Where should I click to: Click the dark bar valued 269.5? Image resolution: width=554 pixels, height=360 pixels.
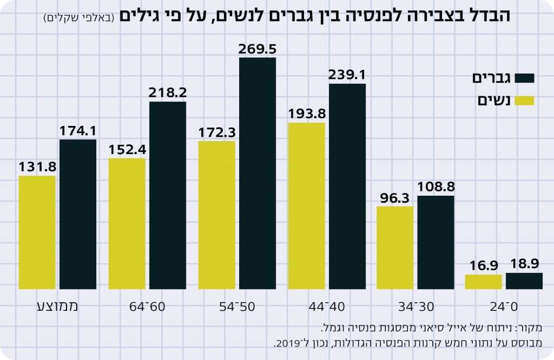coord(258,173)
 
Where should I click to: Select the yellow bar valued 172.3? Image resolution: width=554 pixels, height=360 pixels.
coord(216,215)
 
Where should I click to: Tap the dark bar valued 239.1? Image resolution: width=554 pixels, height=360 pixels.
coord(347,186)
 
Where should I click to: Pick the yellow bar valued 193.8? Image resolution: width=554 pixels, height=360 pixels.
coord(307,205)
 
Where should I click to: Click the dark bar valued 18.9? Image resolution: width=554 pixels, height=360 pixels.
coord(524,281)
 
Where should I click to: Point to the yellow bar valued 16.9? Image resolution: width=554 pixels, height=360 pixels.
coord(483,282)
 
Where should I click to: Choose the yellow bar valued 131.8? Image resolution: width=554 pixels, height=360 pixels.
coord(37,232)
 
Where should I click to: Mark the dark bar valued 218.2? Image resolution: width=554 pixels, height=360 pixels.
coord(168,195)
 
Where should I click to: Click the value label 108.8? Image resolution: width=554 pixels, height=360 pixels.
coord(436,187)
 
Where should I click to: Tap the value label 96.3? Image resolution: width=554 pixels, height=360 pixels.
coord(395,198)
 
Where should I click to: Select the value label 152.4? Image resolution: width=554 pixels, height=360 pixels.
coord(127,150)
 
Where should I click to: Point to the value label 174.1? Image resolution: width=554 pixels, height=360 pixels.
coord(78,131)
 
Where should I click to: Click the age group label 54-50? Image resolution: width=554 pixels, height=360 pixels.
coord(236,306)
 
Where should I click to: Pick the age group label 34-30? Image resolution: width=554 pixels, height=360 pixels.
coord(416,306)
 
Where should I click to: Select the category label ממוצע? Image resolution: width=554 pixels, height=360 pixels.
coord(57,306)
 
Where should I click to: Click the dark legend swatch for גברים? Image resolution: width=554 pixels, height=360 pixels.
coord(524,78)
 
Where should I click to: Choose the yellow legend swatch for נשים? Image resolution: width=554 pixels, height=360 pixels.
coord(524,101)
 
